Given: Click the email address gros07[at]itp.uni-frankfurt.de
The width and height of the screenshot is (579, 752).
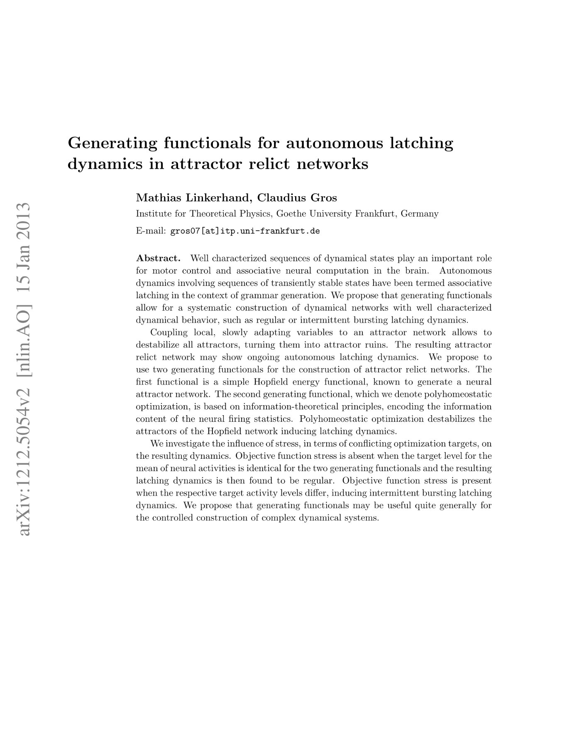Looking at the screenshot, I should click(x=245, y=231).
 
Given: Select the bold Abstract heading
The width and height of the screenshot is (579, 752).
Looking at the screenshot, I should click(x=159, y=258).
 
